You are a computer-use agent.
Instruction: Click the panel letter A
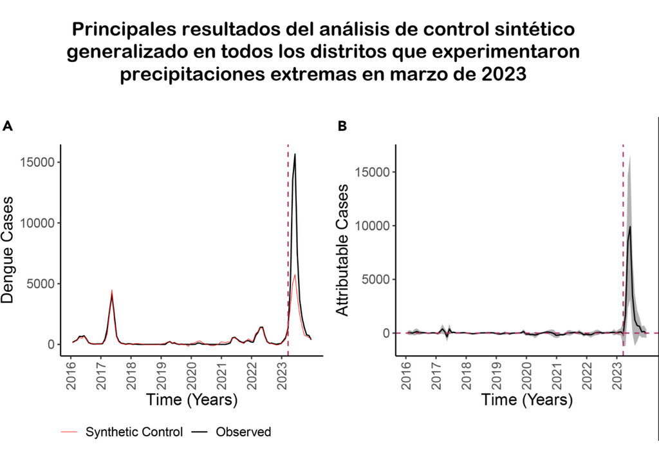[8, 126]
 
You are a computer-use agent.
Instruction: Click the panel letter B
[342, 126]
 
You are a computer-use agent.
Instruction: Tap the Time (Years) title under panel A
[192, 400]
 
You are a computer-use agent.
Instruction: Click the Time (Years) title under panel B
[526, 400]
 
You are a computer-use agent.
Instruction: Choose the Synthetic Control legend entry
[134, 432]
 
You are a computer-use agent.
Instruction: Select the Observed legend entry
[243, 432]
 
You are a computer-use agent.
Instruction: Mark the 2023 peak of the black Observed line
[295, 155]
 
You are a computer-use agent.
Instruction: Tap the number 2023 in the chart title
[505, 75]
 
